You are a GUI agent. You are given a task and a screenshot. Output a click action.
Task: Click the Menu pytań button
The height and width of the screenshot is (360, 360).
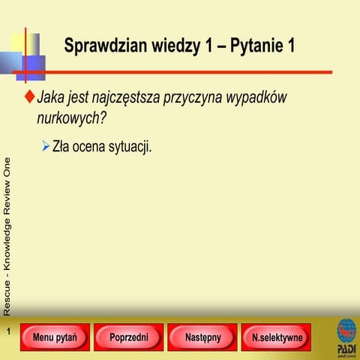point(55,337)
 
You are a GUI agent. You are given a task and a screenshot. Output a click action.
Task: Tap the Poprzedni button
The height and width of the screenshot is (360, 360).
point(129,337)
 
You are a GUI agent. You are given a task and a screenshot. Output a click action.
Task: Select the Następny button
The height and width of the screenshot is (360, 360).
point(202,337)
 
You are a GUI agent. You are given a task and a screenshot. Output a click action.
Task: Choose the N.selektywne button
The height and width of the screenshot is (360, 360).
point(277,337)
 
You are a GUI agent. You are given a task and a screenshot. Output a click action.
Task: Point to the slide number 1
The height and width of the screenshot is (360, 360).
point(7,331)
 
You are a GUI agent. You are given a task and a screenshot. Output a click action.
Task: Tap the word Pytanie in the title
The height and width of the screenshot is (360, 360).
point(256,46)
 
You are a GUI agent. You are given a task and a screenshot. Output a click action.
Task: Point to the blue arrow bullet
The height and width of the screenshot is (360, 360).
point(46,145)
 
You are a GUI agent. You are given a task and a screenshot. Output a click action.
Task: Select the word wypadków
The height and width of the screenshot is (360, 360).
point(258,98)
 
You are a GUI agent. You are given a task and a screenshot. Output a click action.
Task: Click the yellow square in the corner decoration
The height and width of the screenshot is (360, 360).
point(19,44)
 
